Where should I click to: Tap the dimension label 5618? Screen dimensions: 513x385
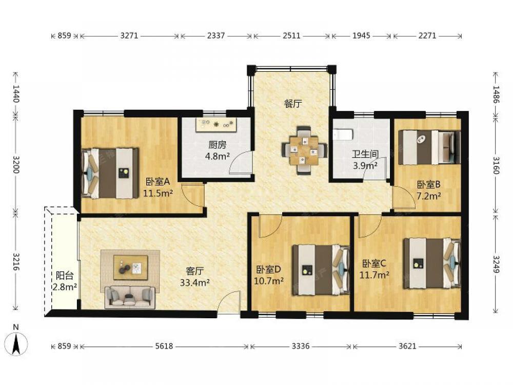[164, 345]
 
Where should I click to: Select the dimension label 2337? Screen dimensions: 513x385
[216, 35]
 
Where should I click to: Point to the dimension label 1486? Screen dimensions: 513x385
[496, 94]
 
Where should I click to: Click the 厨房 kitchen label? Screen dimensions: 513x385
[217, 145]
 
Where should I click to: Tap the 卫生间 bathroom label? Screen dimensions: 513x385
[365, 154]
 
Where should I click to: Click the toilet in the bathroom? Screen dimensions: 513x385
[343, 134]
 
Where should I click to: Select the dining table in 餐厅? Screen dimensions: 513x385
[304, 150]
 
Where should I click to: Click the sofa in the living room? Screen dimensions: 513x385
[130, 297]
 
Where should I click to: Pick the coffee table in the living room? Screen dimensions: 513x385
[130, 267]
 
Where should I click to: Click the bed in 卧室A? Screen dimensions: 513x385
[110, 173]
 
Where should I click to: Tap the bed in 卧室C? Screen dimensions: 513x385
[432, 263]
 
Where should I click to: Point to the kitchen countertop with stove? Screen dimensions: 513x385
[216, 125]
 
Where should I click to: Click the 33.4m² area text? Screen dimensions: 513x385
[194, 282]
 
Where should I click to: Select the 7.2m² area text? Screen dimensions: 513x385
[428, 196]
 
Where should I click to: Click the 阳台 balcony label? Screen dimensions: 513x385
[65, 276]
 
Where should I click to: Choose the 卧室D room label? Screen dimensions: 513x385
[269, 269]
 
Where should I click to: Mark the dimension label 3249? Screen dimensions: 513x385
[496, 264]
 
